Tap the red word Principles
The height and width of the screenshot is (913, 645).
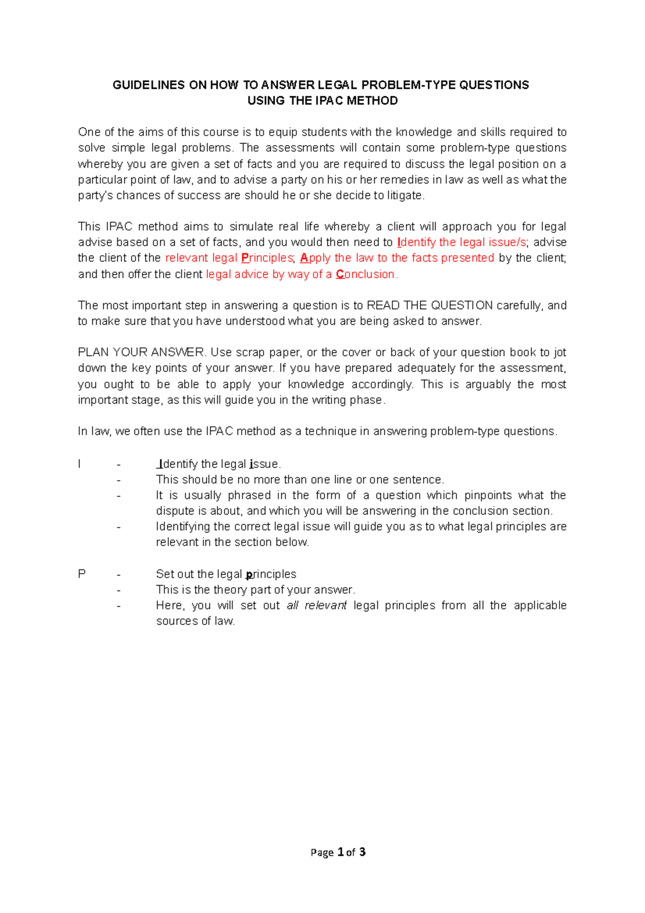point(267,258)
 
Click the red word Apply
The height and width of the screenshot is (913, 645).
point(315,258)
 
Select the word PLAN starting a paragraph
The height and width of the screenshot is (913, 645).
point(93,353)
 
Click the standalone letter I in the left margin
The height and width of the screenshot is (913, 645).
point(80,464)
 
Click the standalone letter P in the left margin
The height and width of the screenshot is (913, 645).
point(82,574)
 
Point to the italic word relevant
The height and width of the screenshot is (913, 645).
point(325,605)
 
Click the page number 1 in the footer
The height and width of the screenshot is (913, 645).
point(340,852)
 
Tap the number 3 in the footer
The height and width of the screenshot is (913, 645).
point(362,852)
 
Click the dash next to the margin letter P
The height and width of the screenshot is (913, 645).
point(119,574)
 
